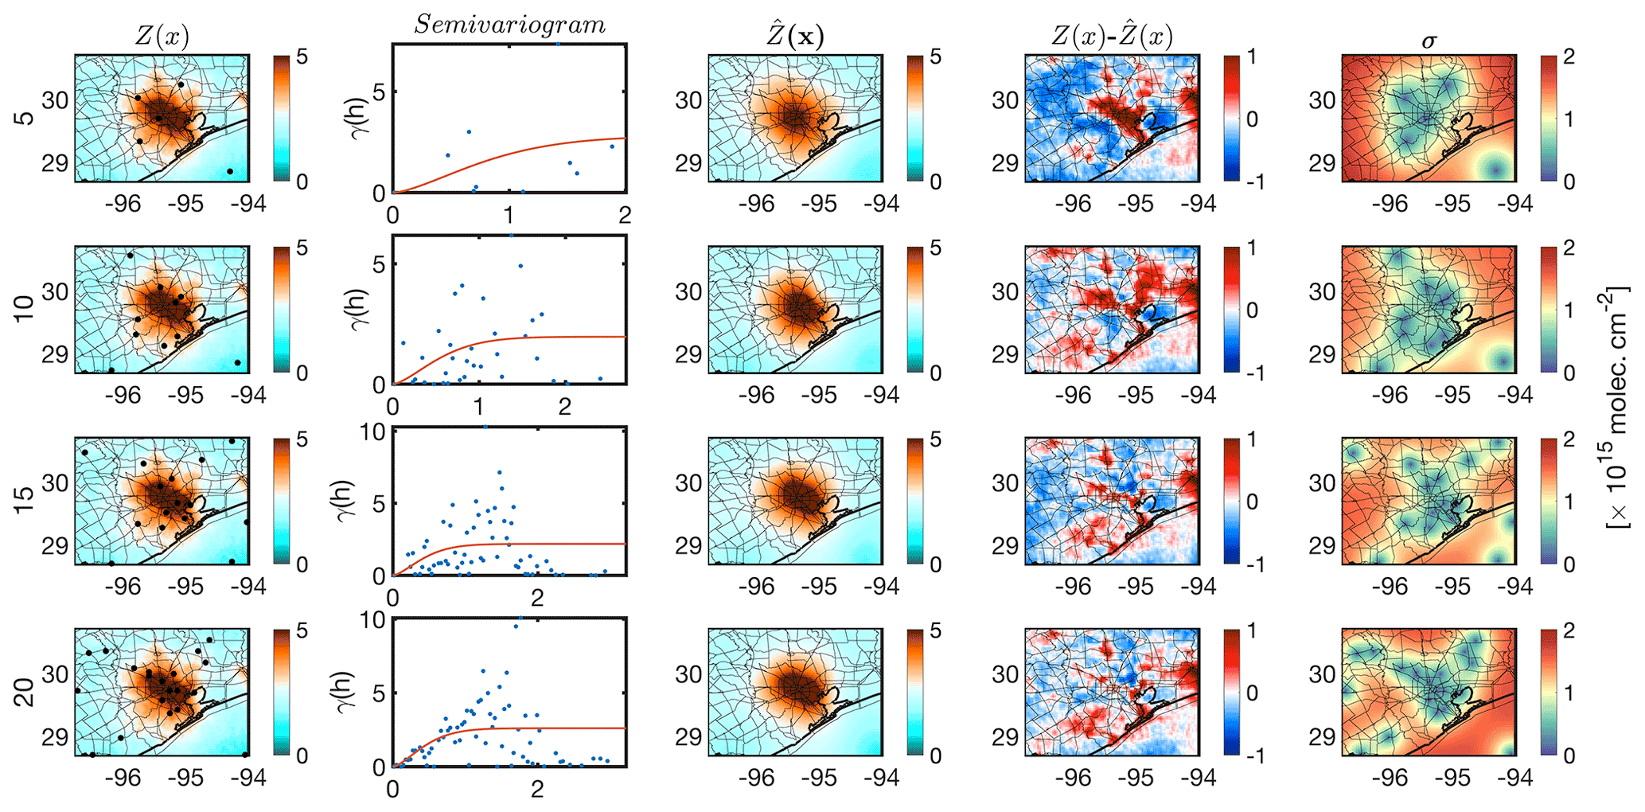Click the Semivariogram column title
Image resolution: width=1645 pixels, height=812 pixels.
(x=509, y=25)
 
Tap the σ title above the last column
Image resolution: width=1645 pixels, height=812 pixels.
(x=1429, y=40)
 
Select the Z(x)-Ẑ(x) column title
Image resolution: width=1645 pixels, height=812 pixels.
(x=1112, y=37)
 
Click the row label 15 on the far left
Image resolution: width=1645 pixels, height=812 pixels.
(x=25, y=500)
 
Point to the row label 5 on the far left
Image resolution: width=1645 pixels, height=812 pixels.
(x=25, y=118)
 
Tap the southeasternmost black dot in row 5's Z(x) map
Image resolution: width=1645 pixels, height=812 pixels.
(x=230, y=171)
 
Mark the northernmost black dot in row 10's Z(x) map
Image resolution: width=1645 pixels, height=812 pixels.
(x=131, y=256)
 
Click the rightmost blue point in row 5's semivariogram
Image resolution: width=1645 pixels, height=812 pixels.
(x=611, y=146)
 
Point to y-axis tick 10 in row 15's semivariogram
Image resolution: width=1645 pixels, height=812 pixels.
(x=372, y=432)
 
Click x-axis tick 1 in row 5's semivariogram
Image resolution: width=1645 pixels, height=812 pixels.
(x=509, y=215)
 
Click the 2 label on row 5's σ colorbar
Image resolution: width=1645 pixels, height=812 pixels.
(x=1569, y=57)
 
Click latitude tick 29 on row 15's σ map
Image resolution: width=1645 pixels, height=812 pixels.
(x=1322, y=546)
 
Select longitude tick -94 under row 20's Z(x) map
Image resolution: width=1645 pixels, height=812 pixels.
(x=248, y=778)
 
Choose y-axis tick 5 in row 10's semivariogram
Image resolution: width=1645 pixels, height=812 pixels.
(x=379, y=264)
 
